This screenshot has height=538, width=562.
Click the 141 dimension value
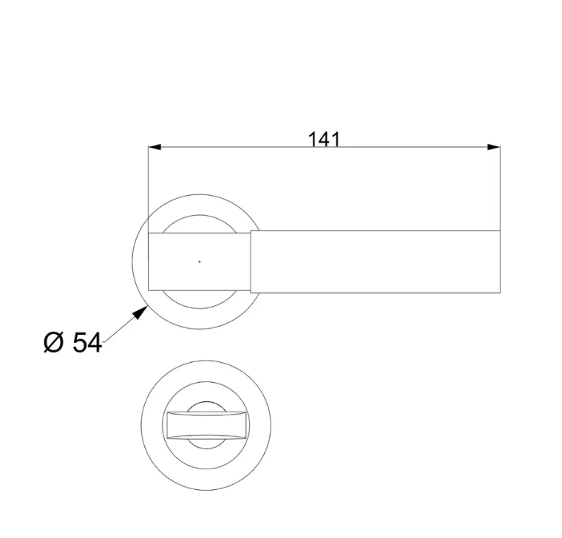(x=324, y=140)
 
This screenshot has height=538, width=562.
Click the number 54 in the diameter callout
(x=87, y=342)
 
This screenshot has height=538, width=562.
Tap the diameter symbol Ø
(x=53, y=342)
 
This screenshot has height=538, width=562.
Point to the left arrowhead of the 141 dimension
(x=155, y=147)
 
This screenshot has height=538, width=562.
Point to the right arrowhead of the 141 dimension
(x=493, y=147)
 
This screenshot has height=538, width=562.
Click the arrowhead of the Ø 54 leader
(x=140, y=312)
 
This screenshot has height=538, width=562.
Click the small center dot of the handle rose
(x=200, y=262)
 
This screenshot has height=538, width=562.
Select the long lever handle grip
(x=375, y=262)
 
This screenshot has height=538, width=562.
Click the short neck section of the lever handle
(x=199, y=262)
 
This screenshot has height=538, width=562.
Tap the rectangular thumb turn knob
(x=207, y=425)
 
